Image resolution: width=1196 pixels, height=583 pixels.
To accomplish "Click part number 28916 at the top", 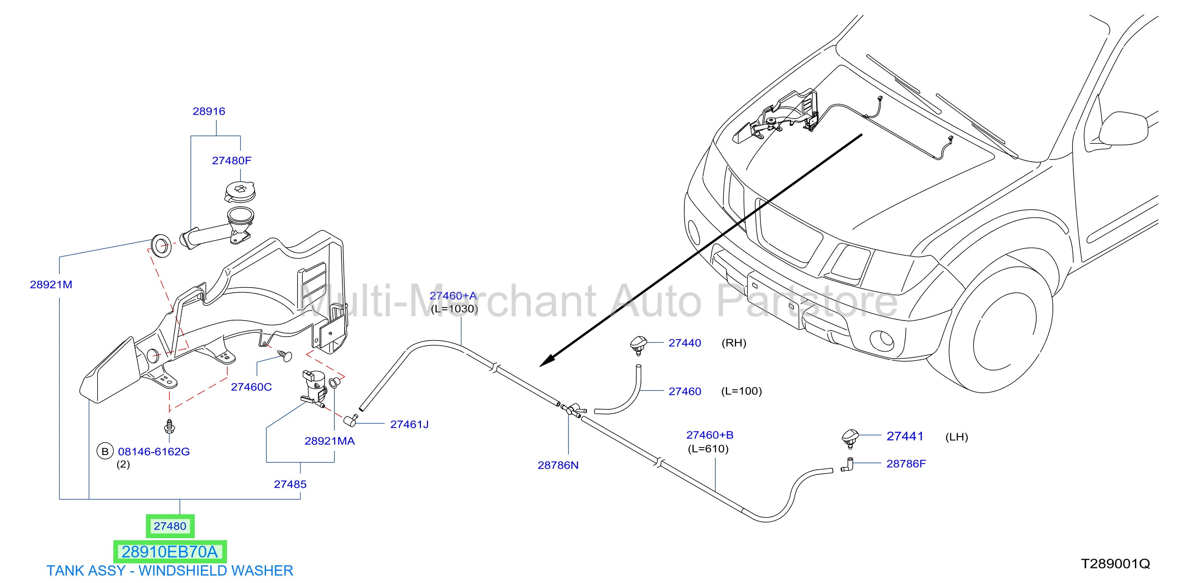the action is [x=209, y=111].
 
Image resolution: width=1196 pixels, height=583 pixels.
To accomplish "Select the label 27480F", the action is [x=232, y=160].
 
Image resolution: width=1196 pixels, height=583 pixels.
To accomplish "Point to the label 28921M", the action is [x=51, y=285].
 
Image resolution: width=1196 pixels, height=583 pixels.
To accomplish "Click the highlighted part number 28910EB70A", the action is [x=170, y=552].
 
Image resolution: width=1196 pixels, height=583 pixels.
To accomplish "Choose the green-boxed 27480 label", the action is [x=170, y=526].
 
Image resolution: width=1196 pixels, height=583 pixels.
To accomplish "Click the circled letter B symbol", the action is [x=105, y=451].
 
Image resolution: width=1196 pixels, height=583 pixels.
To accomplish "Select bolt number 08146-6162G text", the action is [x=154, y=452].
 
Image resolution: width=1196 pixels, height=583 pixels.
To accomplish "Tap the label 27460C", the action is [x=251, y=387].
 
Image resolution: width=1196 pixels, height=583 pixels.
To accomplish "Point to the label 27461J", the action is [x=410, y=424].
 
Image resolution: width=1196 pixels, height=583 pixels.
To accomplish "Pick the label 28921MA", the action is [x=330, y=441].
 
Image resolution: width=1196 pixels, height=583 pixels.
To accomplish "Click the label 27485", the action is [x=290, y=484].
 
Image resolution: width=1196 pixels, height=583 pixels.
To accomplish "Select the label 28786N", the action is [x=558, y=465].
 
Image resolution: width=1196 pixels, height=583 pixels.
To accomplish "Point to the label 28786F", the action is [x=906, y=464].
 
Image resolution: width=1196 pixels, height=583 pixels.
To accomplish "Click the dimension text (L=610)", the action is [x=709, y=449].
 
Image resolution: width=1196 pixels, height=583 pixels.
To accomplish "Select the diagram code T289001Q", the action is [x=1116, y=564].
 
